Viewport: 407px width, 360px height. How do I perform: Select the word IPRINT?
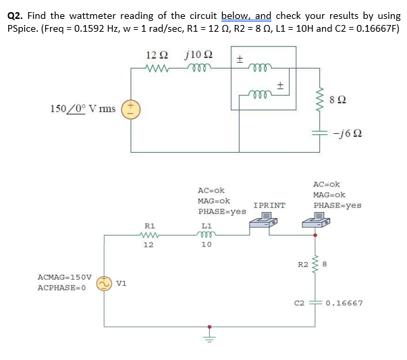pyautogui.click(x=269, y=205)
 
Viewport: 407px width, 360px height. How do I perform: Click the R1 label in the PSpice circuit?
pyautogui.click(x=150, y=225)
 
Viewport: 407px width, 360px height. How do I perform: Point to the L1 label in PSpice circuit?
pyautogui.click(x=207, y=225)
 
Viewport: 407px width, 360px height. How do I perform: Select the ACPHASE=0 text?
pyautogui.click(x=61, y=288)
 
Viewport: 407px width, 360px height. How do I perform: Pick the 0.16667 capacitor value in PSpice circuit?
pyautogui.click(x=344, y=303)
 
